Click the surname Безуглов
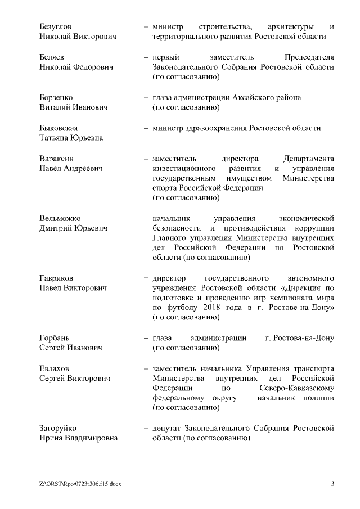(56, 26)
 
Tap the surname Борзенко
(56, 97)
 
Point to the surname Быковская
(58, 128)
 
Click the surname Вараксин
(56, 159)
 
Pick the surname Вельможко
(60, 218)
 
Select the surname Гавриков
(56, 278)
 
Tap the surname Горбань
(55, 338)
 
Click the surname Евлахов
(54, 368)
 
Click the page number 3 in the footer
(332, 484)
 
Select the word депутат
(168, 429)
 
